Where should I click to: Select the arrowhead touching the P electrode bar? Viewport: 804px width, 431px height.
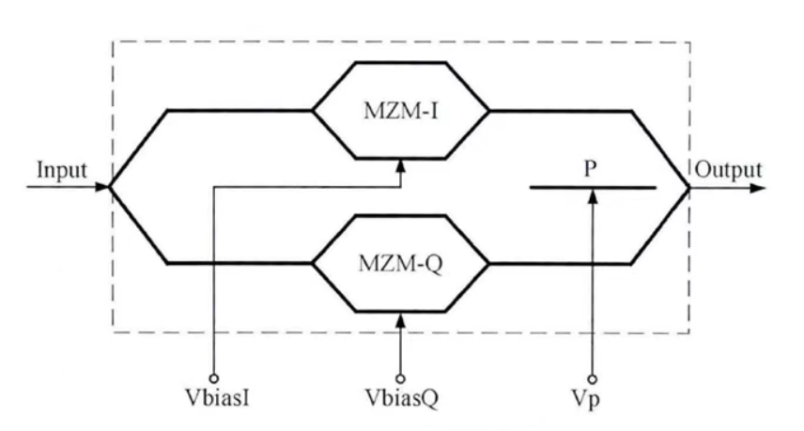(x=592, y=195)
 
